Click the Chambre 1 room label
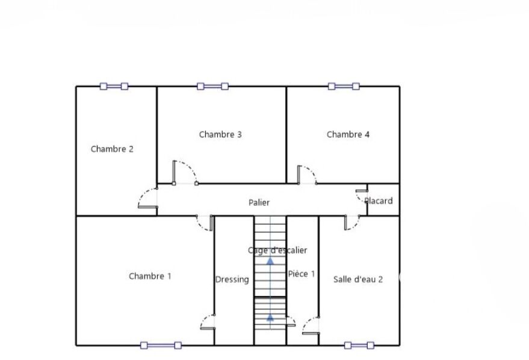click(150, 276)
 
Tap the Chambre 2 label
click(112, 149)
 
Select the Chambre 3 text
click(220, 135)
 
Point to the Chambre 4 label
click(348, 135)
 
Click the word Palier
click(259, 202)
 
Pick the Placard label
click(379, 201)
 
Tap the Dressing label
click(232, 280)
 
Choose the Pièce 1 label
click(302, 274)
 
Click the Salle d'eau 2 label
click(358, 279)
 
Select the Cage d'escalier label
click(277, 250)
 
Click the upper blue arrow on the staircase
click(270, 261)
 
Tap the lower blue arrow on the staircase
click(270, 317)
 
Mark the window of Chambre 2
click(114, 86)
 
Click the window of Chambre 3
click(212, 86)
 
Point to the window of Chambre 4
click(344, 86)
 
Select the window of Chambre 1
click(161, 346)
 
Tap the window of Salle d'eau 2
click(359, 346)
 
